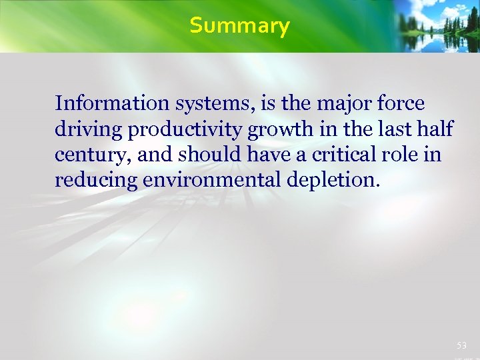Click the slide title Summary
239,26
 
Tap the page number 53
462,345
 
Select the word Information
113,103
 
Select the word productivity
184,129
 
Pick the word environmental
215,179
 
